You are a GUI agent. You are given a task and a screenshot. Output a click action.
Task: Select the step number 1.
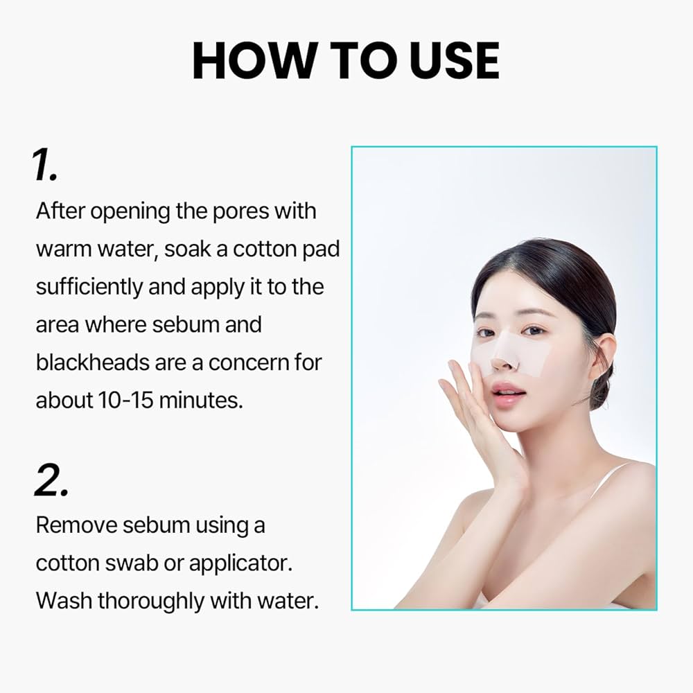click(45, 166)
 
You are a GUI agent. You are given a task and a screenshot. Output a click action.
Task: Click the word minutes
click(202, 401)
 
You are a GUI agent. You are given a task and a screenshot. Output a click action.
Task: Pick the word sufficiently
click(89, 287)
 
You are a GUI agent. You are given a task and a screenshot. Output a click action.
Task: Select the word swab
click(131, 563)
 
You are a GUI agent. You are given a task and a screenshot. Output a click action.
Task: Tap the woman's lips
click(509, 394)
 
